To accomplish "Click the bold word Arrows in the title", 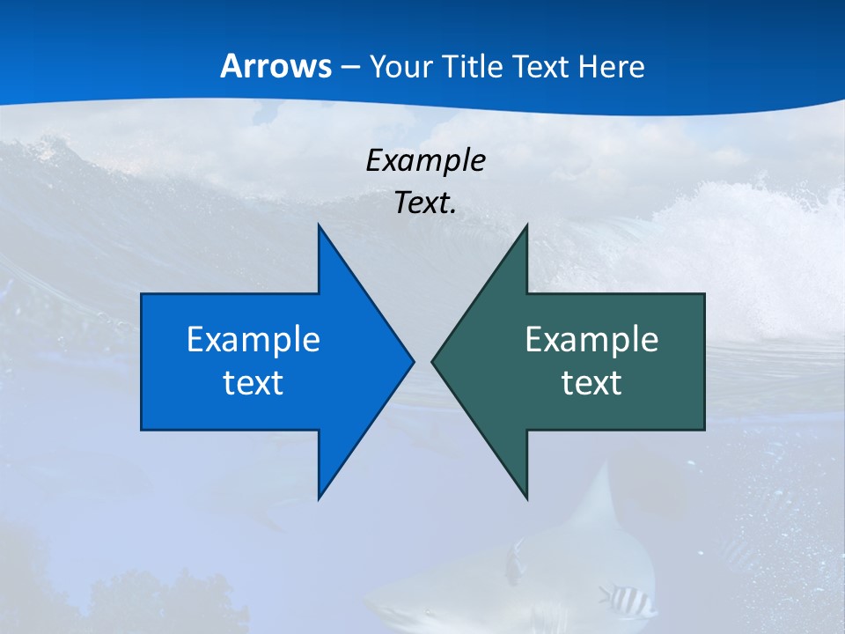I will click(x=276, y=66).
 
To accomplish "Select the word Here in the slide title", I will click(x=612, y=67).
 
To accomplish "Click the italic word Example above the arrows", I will click(x=425, y=161).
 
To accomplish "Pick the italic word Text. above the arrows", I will click(x=425, y=203).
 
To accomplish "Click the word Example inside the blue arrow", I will click(x=253, y=340).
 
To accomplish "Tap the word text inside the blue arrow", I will click(x=253, y=383).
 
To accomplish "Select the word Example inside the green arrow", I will click(x=591, y=340).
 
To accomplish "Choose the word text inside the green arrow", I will click(x=591, y=383).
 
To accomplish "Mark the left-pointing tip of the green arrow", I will click(x=434, y=361).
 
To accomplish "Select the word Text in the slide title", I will click(x=543, y=67).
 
